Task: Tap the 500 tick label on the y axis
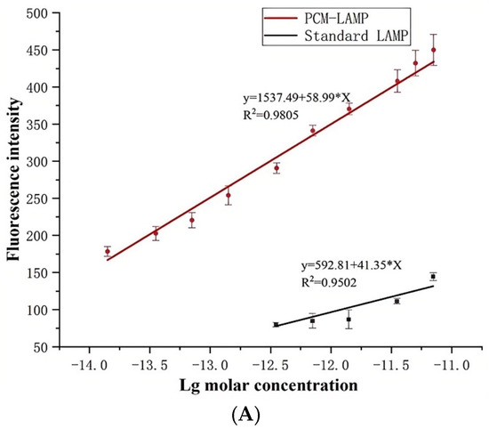38,13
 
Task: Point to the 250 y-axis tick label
38,198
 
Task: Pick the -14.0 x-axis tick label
89,364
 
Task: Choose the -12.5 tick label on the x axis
270,364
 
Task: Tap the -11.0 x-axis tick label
452,364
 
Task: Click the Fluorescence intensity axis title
13,179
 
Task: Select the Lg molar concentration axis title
269,385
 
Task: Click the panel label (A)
245,415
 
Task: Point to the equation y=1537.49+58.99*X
297,99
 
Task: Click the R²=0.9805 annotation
270,115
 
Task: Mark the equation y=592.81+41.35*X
351,266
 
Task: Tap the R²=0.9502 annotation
329,282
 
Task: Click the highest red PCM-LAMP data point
433,50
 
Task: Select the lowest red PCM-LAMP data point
108,251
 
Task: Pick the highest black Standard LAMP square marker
433,277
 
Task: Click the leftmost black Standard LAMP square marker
276,325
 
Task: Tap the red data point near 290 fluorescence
277,168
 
